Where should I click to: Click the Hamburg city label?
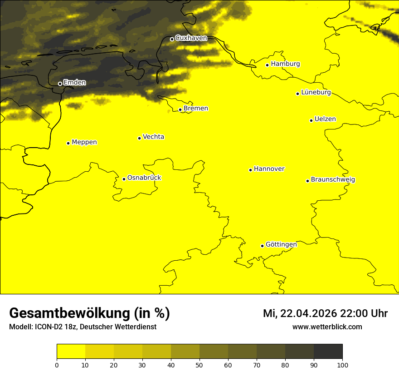pyautogui.click(x=285, y=64)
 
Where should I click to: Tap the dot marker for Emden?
pyautogui.click(x=60, y=84)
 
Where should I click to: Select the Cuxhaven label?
pyautogui.click(x=191, y=38)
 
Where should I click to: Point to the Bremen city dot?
pyautogui.click(x=180, y=109)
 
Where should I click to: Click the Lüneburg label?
pyautogui.click(x=316, y=93)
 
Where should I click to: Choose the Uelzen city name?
pyautogui.click(x=325, y=119)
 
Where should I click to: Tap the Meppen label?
pyautogui.click(x=84, y=142)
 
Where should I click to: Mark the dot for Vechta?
pyautogui.click(x=139, y=138)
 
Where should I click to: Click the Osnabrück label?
pyautogui.click(x=144, y=178)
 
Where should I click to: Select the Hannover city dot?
pyautogui.click(x=250, y=170)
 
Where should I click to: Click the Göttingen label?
pyautogui.click(x=281, y=245)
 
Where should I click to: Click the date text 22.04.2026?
pyautogui.click(x=309, y=313)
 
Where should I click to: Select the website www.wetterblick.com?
pyautogui.click(x=327, y=327)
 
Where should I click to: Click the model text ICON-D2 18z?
pyautogui.click(x=52, y=327)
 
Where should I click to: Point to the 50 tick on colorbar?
pyautogui.click(x=199, y=364)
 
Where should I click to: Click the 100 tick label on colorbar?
pyautogui.click(x=342, y=364)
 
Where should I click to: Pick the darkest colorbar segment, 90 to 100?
pyautogui.click(x=328, y=351)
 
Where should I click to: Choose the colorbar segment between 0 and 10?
pyautogui.click(x=71, y=351)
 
